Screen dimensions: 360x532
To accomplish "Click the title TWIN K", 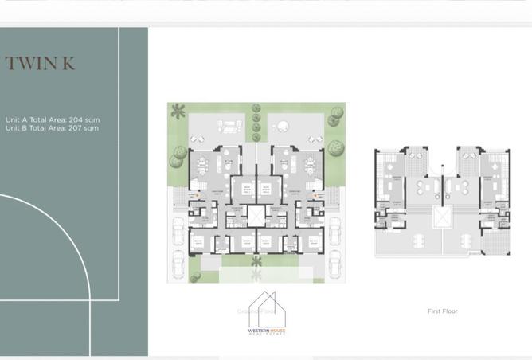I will [x=40, y=64].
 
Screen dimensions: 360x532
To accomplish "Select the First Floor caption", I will [x=443, y=311].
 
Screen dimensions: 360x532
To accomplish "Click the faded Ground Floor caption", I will [x=255, y=311].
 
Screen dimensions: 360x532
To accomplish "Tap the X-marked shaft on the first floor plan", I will [x=439, y=217].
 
